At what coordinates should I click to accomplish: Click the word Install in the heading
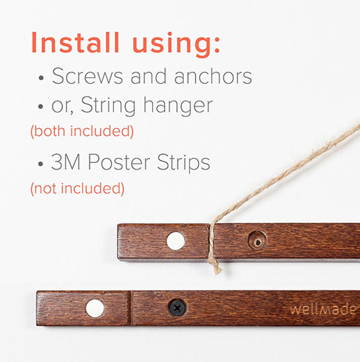pyautogui.click(x=76, y=42)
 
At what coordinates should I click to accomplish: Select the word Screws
pyautogui.click(x=87, y=76)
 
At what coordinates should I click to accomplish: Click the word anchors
pyautogui.click(x=213, y=76)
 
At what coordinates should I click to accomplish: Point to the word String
pyautogui.click(x=108, y=105)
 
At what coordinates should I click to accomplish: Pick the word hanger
pyautogui.click(x=178, y=105)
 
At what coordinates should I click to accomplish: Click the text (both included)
pyautogui.click(x=82, y=131)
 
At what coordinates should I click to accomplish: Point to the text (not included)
pyautogui.click(x=77, y=188)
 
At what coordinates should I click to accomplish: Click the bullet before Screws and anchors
pyautogui.click(x=41, y=78)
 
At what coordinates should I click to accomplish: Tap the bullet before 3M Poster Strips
pyautogui.click(x=41, y=164)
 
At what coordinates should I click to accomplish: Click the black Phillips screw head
pyautogui.click(x=177, y=308)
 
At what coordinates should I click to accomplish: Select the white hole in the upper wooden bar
pyautogui.click(x=176, y=241)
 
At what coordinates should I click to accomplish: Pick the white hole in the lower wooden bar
pyautogui.click(x=95, y=308)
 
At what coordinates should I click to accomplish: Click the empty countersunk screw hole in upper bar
pyautogui.click(x=257, y=240)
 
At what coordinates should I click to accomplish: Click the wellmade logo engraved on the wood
pyautogui.click(x=323, y=310)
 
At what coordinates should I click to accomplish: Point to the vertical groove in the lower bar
pyautogui.click(x=131, y=308)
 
